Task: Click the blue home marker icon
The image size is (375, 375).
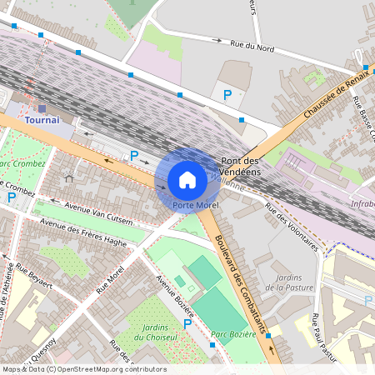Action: pyautogui.click(x=187, y=179)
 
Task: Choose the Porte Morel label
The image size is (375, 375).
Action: pyautogui.click(x=196, y=205)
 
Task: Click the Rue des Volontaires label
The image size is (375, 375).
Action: pyautogui.click(x=291, y=227)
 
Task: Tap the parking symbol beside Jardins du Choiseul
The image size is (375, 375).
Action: pyautogui.click(x=187, y=324)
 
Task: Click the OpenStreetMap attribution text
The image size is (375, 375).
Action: pyautogui.click(x=83, y=369)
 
